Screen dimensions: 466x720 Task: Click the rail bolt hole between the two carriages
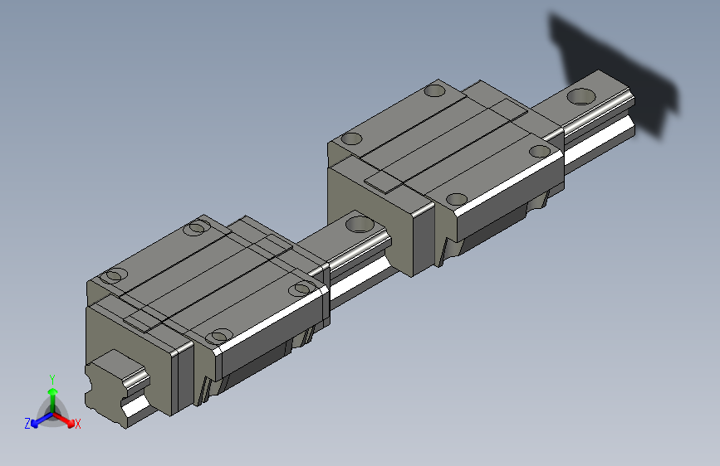[x=359, y=222]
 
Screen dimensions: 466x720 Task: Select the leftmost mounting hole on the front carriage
[x=115, y=275]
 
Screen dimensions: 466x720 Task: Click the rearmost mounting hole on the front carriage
[x=197, y=227]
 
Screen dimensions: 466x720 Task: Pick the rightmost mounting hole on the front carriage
[x=301, y=288]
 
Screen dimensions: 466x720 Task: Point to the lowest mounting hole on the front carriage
[x=218, y=335]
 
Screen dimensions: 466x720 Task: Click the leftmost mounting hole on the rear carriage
[x=352, y=138]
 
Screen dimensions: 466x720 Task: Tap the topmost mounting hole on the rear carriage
[x=434, y=91]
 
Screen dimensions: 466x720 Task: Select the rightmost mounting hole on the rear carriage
[x=539, y=151]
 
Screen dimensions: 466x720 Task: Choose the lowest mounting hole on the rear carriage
[x=455, y=198]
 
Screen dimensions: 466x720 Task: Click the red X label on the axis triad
[x=78, y=424]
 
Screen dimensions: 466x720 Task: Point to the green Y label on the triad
[x=52, y=378]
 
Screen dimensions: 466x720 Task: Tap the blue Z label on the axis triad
[x=27, y=423]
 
